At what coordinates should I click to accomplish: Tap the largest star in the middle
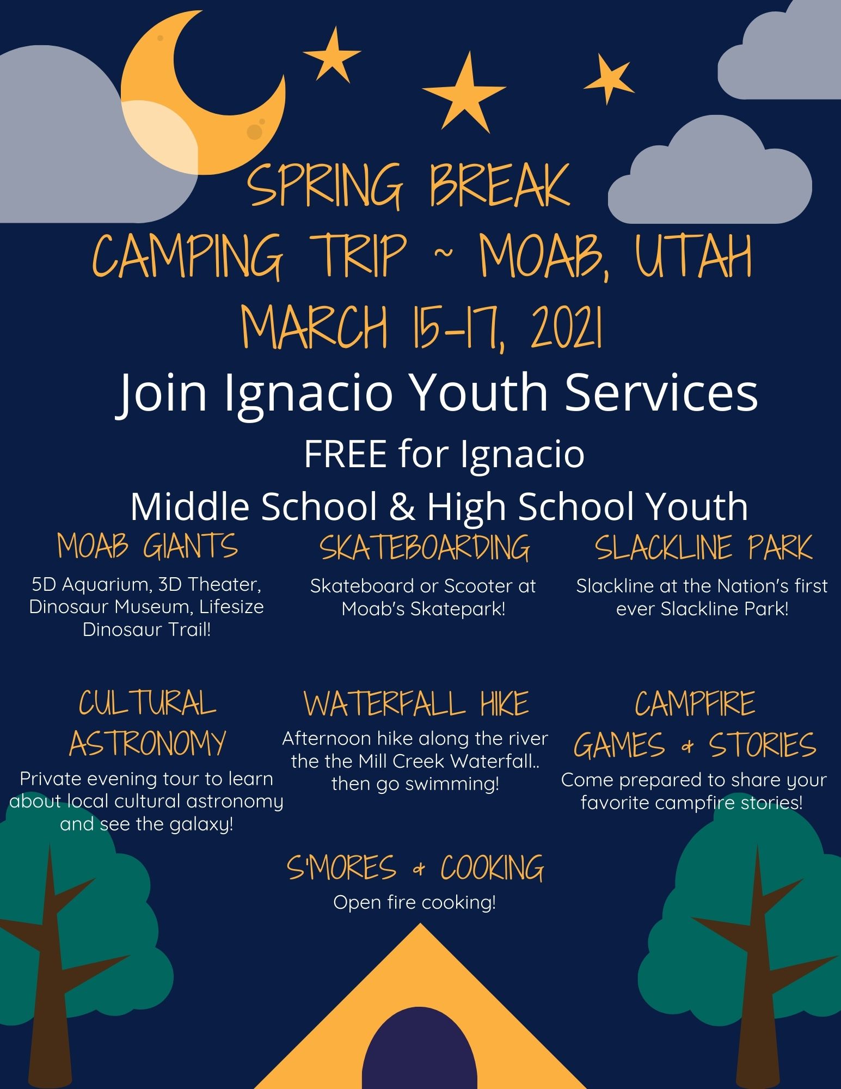coord(464,94)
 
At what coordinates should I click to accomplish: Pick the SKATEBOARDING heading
coord(425,548)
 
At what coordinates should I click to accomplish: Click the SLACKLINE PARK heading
coord(703,548)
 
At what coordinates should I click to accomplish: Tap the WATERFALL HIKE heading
coord(416,703)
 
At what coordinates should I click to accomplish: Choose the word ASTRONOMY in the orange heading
coord(147,743)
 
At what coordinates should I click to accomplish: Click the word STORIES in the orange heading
coord(762,745)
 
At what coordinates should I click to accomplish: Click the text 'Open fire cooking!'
coord(415,902)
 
